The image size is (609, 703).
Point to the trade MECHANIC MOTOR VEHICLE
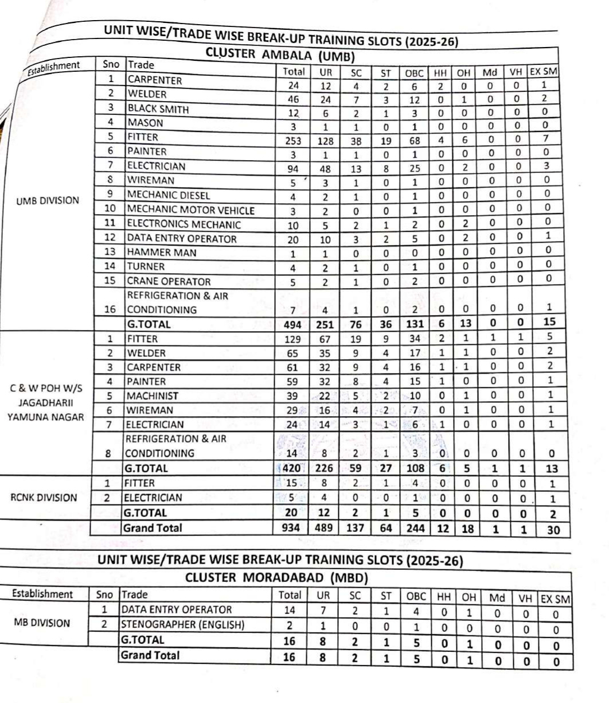coord(191,210)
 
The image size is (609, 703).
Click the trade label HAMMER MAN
coord(162,253)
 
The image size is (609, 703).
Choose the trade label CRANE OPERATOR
coord(169,282)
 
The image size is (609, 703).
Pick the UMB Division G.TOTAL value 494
coord(293,325)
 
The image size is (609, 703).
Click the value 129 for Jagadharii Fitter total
coord(293,339)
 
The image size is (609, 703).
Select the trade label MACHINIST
coord(153,396)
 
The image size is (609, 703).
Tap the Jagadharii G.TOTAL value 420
coord(292,468)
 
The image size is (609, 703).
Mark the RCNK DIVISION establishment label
coord(43,498)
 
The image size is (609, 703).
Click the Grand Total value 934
coord(291,527)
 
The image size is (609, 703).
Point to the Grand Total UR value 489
coord(325,527)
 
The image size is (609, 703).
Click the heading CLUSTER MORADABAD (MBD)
coord(276,577)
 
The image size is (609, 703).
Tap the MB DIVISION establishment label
coord(41,623)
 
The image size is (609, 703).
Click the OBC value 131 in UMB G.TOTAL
coord(415,325)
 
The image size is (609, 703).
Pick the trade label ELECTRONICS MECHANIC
coord(184,224)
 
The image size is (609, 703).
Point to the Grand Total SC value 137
coord(356,527)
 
